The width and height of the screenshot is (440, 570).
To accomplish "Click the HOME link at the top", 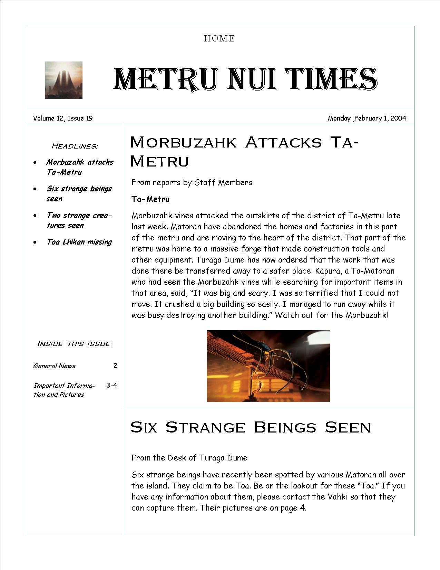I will [x=219, y=39].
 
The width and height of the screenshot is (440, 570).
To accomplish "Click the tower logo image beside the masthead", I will [x=64, y=80].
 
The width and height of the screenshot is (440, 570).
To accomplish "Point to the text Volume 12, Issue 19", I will [x=63, y=118].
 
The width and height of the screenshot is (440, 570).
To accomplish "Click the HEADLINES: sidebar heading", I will [x=75, y=146].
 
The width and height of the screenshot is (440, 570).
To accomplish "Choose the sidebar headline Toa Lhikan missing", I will [x=79, y=242].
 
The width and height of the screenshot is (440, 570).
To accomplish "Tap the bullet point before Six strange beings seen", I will [x=35, y=189].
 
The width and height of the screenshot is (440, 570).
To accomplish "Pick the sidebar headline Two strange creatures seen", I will [x=79, y=220].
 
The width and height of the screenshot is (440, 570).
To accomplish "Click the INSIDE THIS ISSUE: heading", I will [x=75, y=344].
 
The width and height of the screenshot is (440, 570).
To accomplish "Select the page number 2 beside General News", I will [x=115, y=365].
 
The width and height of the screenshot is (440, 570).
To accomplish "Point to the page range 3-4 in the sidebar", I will [x=111, y=385].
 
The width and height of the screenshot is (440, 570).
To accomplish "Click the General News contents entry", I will [x=54, y=366].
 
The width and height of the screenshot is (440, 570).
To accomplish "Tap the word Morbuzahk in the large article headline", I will [x=183, y=142].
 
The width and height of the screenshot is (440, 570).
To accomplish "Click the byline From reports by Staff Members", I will [x=192, y=182].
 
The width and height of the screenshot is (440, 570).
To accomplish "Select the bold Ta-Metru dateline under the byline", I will [x=150, y=199].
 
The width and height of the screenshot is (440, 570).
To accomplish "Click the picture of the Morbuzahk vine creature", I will [x=268, y=366].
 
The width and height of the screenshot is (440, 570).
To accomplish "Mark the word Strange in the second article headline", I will [x=205, y=427].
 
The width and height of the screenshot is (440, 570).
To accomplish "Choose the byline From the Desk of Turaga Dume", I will [x=189, y=458].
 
